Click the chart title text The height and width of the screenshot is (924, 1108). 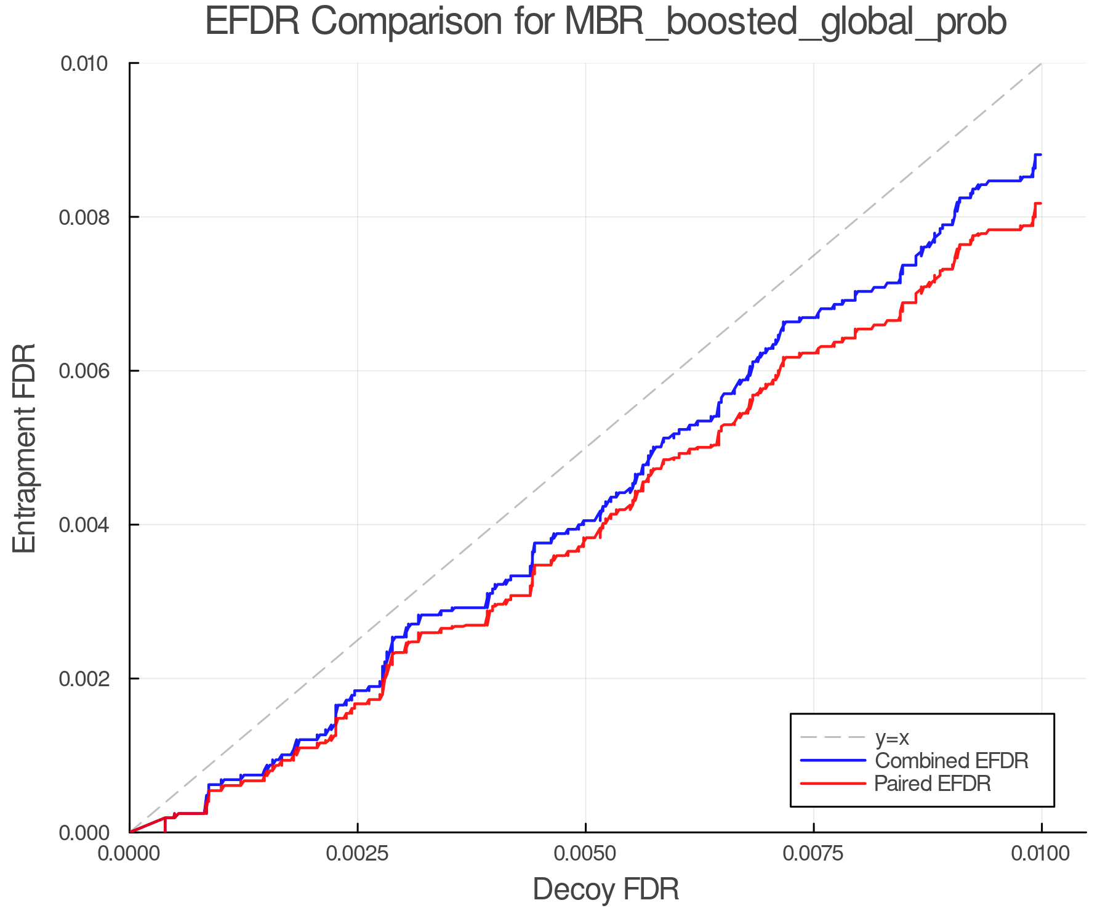606,22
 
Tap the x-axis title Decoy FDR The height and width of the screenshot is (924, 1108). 606,890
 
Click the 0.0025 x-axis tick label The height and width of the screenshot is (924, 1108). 357,854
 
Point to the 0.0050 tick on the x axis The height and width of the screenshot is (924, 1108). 585,854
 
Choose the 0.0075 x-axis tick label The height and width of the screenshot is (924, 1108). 813,854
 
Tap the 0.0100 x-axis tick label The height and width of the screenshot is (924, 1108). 1041,854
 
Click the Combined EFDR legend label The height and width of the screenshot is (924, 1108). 951,761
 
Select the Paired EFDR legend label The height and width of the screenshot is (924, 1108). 932,784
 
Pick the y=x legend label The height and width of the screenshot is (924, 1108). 892,737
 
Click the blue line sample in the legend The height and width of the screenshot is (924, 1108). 833,761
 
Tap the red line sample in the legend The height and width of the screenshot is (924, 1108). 833,784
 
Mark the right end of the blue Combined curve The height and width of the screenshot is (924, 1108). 1040,155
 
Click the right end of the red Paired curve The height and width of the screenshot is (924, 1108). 1040,203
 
